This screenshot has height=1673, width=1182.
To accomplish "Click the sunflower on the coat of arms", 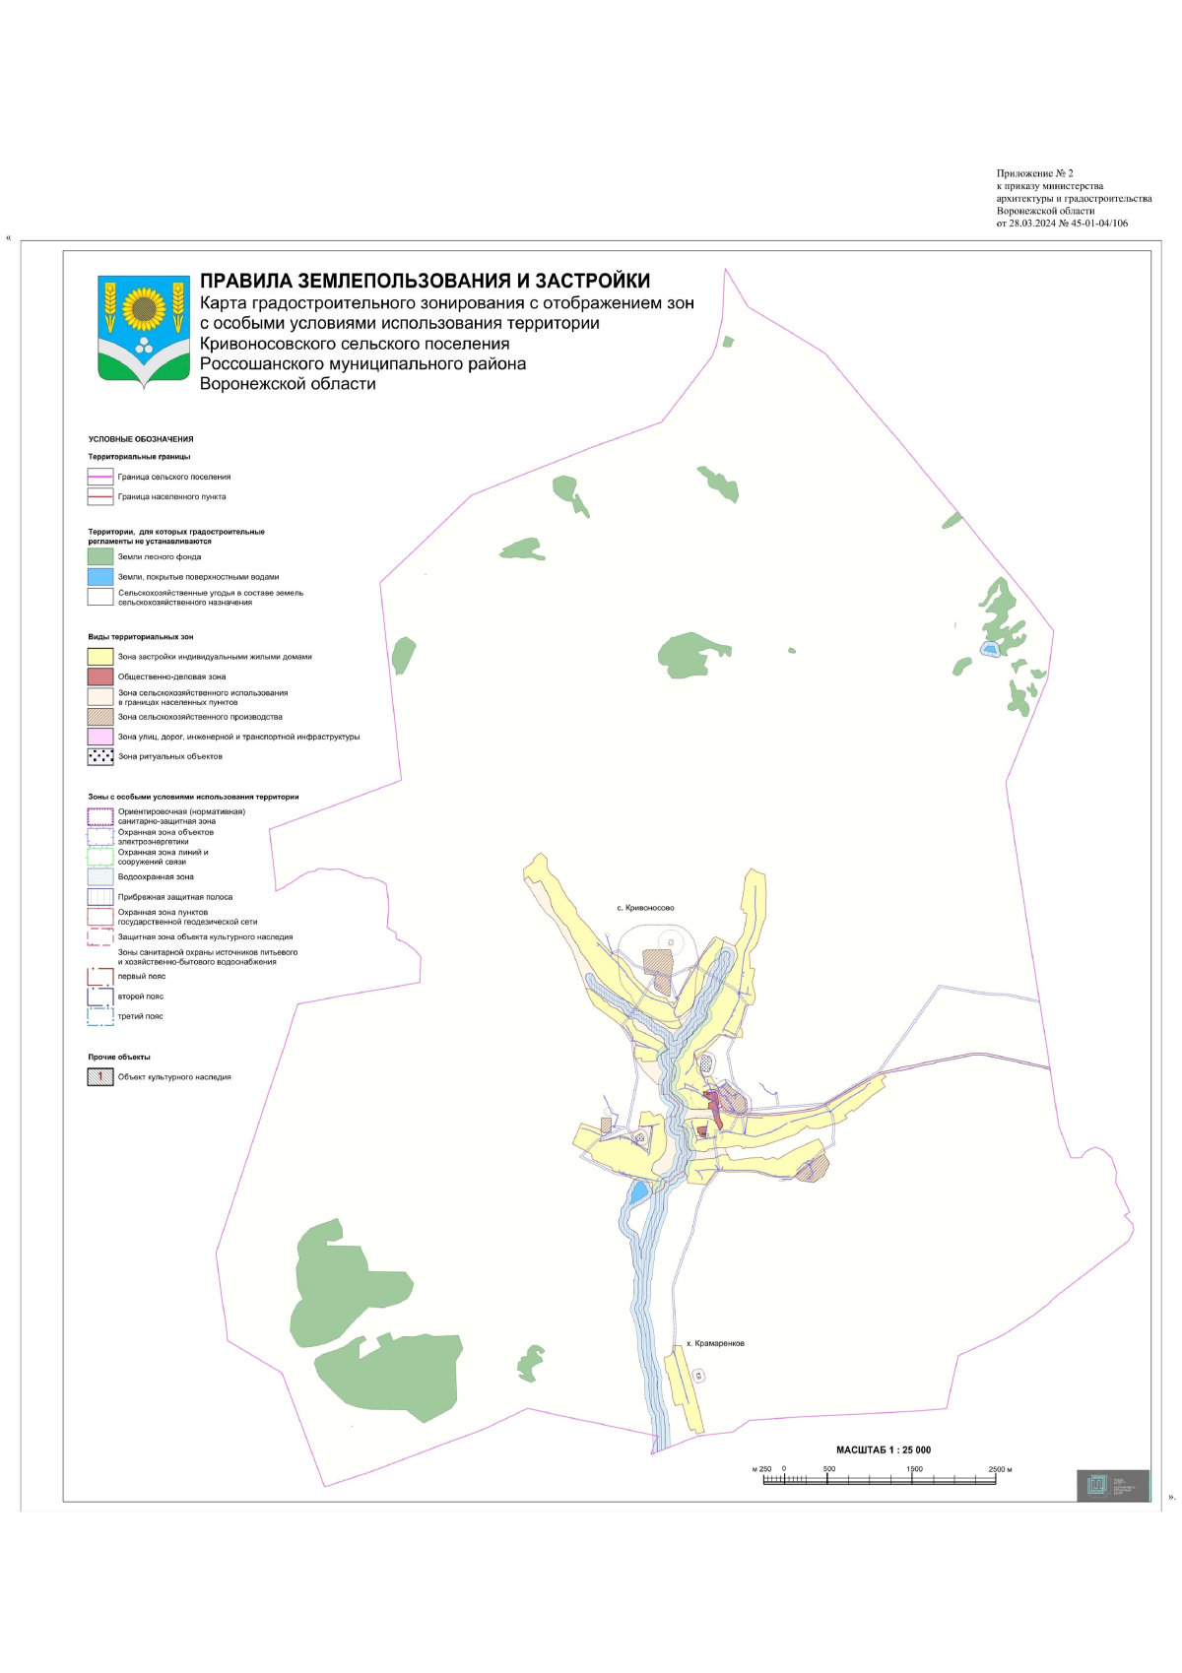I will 144,308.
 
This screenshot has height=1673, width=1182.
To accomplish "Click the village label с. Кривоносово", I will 645,908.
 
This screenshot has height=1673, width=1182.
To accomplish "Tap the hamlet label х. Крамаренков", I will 715,1343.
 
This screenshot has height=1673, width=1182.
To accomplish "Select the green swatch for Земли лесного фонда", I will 100,556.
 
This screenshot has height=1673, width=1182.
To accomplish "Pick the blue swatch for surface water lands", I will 100,577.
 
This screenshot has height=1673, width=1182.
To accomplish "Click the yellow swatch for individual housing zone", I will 100,657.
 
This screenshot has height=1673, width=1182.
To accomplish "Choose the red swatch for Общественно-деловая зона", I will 100,676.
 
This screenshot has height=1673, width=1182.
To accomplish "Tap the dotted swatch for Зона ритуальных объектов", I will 100,756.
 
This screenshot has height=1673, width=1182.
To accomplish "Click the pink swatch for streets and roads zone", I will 100,737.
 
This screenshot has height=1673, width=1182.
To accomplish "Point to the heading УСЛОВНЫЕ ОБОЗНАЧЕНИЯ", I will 141,439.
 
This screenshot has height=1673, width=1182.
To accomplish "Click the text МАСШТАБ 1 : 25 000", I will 883,1449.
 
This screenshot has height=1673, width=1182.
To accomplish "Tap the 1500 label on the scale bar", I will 914,1469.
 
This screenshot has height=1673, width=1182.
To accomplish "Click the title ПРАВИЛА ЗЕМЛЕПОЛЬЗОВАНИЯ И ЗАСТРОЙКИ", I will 425,282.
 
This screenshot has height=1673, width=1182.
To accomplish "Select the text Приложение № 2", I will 1034,173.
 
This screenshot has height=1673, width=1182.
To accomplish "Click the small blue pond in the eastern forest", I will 989,649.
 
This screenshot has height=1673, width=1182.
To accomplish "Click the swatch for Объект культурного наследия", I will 100,1077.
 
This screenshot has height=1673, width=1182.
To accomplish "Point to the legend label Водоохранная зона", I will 156,876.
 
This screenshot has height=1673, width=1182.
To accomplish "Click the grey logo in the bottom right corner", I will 1112,1485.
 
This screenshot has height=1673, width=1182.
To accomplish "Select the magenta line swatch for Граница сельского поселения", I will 100,477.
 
